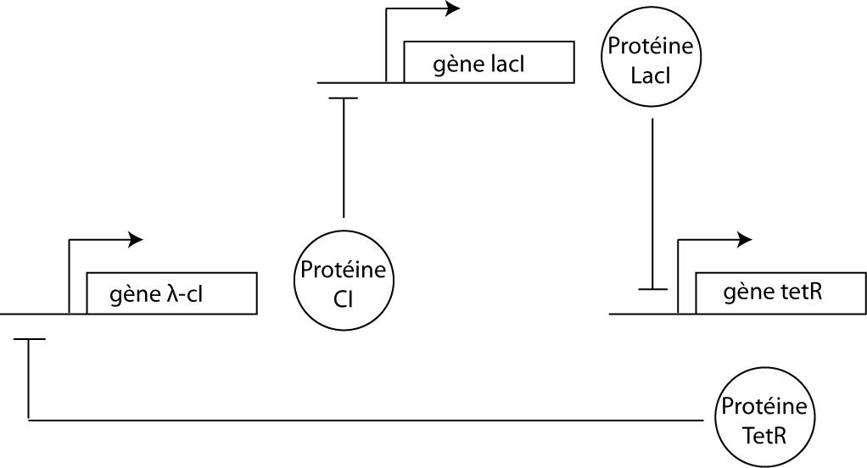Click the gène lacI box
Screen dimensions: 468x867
(x=488, y=62)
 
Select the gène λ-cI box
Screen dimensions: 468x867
(x=171, y=293)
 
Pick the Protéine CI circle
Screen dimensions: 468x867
(x=344, y=281)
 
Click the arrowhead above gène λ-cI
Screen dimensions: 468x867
(x=135, y=240)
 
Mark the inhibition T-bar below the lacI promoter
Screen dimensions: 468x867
(x=343, y=98)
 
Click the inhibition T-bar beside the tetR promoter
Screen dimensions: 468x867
(x=652, y=290)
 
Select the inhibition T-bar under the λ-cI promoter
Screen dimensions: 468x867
(x=29, y=340)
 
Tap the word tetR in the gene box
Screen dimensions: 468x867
(x=800, y=292)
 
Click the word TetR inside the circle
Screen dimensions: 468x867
(x=764, y=437)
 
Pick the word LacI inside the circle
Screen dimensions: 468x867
(x=652, y=75)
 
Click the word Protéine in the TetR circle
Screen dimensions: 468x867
(x=764, y=405)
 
